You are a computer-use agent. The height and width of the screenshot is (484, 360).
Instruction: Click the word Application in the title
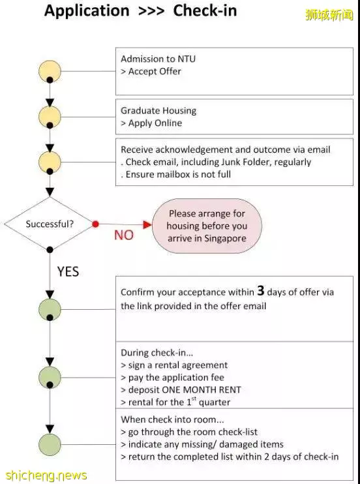tap(87, 11)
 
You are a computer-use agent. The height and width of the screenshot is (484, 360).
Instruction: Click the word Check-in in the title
tap(205, 10)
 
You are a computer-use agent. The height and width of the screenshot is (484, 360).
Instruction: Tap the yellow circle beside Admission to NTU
tap(50, 71)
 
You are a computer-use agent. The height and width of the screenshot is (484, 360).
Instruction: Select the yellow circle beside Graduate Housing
tap(50, 117)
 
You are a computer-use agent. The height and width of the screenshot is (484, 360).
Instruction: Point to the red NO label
tap(124, 235)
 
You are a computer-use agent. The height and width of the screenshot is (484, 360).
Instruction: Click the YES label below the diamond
tap(68, 271)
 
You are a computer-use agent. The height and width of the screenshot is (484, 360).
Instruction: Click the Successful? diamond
tap(50, 224)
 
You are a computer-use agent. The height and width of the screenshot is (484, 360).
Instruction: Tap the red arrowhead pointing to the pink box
tap(147, 224)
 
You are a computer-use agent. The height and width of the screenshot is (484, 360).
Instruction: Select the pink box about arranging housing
tap(207, 226)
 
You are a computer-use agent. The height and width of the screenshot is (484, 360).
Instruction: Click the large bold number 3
tap(261, 290)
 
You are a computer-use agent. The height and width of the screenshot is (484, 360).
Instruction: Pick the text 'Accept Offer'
tap(155, 71)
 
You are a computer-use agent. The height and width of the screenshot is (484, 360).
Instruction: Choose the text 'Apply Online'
tap(155, 123)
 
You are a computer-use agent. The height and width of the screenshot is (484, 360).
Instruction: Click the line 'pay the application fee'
tap(176, 378)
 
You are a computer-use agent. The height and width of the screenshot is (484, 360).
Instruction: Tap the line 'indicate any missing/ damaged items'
tap(205, 444)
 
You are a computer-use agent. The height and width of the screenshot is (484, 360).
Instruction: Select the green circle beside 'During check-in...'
tap(50, 377)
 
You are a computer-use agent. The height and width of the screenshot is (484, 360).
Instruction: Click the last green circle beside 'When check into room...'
tap(50, 444)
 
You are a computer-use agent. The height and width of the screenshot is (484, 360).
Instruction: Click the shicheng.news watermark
tap(46, 476)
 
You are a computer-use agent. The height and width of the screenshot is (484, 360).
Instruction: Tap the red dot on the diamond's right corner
tap(95, 224)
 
